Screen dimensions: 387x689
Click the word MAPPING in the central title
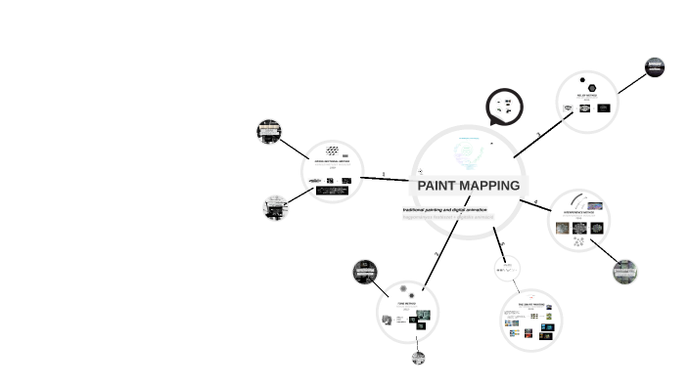coord(488,186)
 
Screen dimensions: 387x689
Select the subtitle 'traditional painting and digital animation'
coord(444,209)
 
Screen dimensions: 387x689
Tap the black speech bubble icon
coord(504,106)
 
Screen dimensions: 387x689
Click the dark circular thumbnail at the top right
coord(655,67)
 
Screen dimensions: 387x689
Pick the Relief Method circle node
coord(587,101)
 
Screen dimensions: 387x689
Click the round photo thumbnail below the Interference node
coord(625,272)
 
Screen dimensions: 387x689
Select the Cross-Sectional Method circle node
coord(333,171)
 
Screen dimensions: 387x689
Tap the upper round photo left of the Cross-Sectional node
coord(269,131)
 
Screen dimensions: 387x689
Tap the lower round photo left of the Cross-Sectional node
coord(275,207)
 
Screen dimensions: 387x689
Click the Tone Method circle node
coord(407,312)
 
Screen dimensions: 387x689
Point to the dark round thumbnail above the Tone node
coord(365,272)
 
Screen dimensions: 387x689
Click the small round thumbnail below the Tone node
coord(419,358)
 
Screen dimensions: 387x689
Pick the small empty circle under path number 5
coord(507,268)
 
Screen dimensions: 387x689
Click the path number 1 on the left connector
coord(384,175)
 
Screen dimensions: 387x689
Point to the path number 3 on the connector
coord(538,135)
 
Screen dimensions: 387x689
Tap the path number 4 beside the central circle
coord(535,203)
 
